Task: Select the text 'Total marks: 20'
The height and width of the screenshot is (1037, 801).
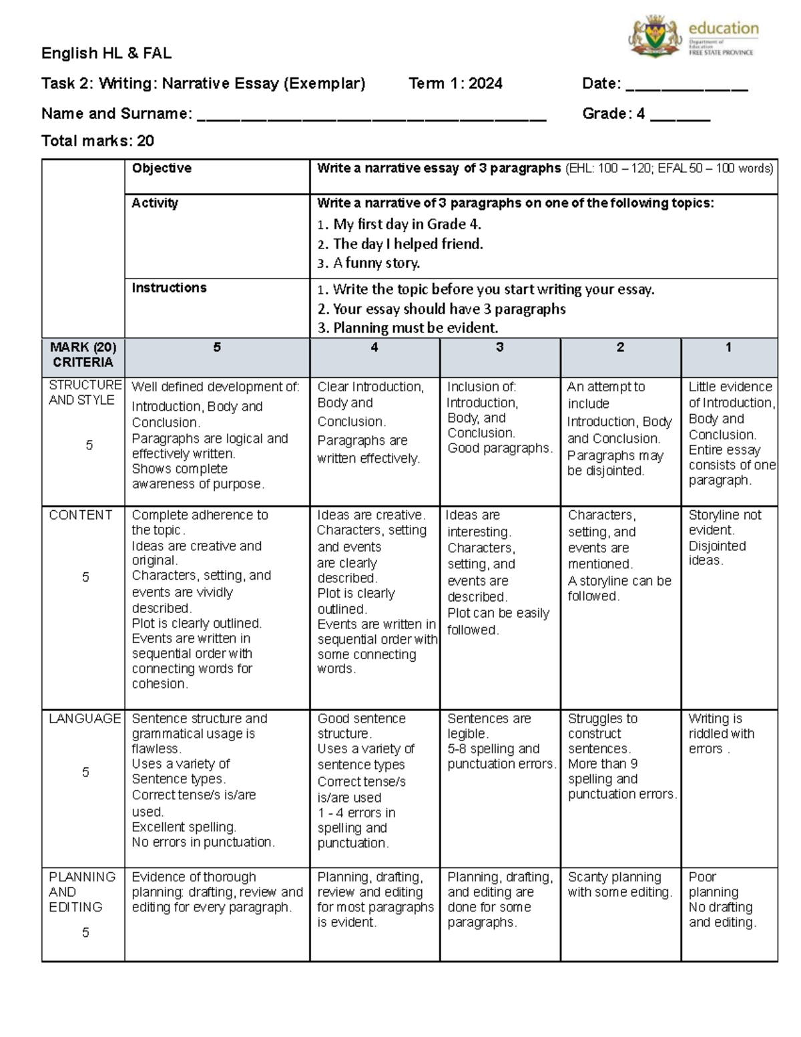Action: point(97,141)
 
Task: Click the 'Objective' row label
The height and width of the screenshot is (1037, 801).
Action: point(162,168)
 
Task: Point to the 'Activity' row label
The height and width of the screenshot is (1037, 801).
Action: point(155,203)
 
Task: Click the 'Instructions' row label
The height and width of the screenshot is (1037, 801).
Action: point(169,288)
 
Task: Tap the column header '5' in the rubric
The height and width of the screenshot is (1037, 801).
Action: point(217,347)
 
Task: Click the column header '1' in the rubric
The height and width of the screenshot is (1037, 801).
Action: point(728,347)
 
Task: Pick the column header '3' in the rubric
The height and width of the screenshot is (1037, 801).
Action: point(499,347)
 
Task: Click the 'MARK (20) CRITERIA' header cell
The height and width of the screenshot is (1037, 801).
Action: point(83,355)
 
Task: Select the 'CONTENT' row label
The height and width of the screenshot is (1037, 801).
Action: point(81,515)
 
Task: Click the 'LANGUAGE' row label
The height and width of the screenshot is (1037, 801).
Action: point(84,718)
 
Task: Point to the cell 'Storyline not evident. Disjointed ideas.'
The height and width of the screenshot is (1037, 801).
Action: point(725,538)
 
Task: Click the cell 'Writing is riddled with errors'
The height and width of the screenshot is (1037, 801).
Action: point(722,734)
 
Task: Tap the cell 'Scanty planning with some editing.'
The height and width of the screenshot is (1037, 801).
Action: point(619,885)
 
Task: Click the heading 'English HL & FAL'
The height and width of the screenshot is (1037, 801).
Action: point(106,53)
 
